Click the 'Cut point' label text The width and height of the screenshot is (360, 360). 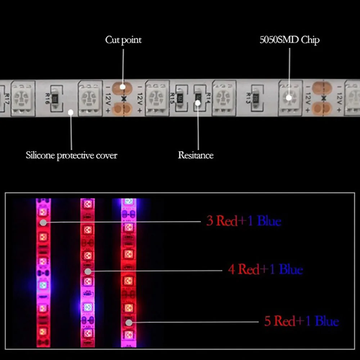click(x=123, y=40)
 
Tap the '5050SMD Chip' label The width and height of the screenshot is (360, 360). click(x=289, y=40)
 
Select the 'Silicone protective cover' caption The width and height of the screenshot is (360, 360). click(x=71, y=156)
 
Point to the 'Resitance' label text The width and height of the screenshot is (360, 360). click(x=195, y=156)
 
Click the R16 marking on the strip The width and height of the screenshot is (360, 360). click(x=47, y=98)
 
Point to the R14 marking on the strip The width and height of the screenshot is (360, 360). click(x=208, y=97)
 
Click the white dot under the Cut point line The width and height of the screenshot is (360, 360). click(x=122, y=87)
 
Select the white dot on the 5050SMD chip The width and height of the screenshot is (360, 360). click(x=289, y=98)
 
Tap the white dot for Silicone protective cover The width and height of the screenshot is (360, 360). click(x=71, y=112)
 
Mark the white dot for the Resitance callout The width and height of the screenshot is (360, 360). click(x=198, y=103)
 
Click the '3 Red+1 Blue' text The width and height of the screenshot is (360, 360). click(x=243, y=221)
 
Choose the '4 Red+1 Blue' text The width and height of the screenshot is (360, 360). click(x=265, y=269)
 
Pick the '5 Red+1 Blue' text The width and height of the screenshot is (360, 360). click(x=301, y=321)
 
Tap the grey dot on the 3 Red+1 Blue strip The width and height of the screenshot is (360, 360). click(x=43, y=222)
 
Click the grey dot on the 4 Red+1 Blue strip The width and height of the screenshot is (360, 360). click(x=87, y=271)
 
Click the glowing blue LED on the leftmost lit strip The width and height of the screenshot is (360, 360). click(x=43, y=285)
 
